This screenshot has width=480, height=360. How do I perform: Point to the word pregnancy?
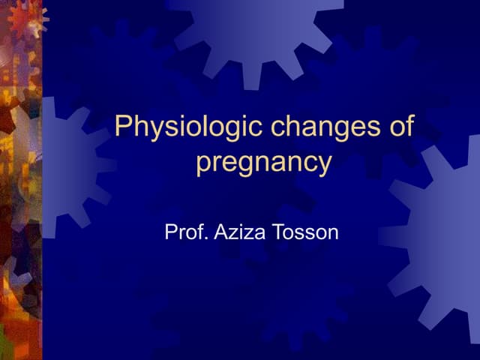263,161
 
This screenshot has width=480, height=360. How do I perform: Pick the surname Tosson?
307,232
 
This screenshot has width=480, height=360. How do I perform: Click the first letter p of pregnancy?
202,164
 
